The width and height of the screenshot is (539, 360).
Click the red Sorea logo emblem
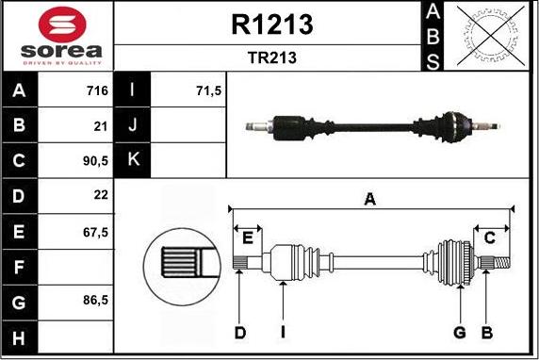62,25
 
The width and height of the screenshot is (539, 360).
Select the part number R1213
272,25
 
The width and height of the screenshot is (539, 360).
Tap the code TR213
272,57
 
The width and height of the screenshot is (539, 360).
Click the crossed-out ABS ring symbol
491,37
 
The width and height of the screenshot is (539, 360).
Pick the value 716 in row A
97,90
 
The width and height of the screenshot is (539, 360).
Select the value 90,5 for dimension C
95,161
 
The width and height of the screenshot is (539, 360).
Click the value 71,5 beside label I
209,90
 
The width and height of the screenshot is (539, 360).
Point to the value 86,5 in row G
95,301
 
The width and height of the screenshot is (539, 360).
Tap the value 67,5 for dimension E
95,233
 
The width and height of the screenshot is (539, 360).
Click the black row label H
19,337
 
